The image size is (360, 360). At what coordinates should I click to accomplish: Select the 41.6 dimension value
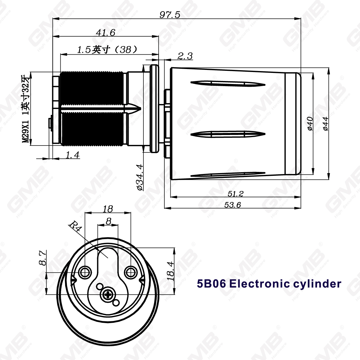point(105,32)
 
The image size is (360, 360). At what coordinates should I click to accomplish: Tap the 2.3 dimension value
point(185,56)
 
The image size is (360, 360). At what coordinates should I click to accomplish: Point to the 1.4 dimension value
point(72,155)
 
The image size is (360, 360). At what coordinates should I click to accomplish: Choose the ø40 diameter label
point(310,123)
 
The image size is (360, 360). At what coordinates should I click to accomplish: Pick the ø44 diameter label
point(325,123)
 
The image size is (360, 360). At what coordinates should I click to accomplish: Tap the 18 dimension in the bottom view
point(108,209)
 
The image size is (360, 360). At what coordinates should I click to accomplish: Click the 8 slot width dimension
point(109,221)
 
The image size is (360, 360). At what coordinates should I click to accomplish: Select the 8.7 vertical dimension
point(42,258)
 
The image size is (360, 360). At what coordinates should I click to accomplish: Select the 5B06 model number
point(211,283)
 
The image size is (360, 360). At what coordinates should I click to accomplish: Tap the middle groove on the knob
point(228,133)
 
